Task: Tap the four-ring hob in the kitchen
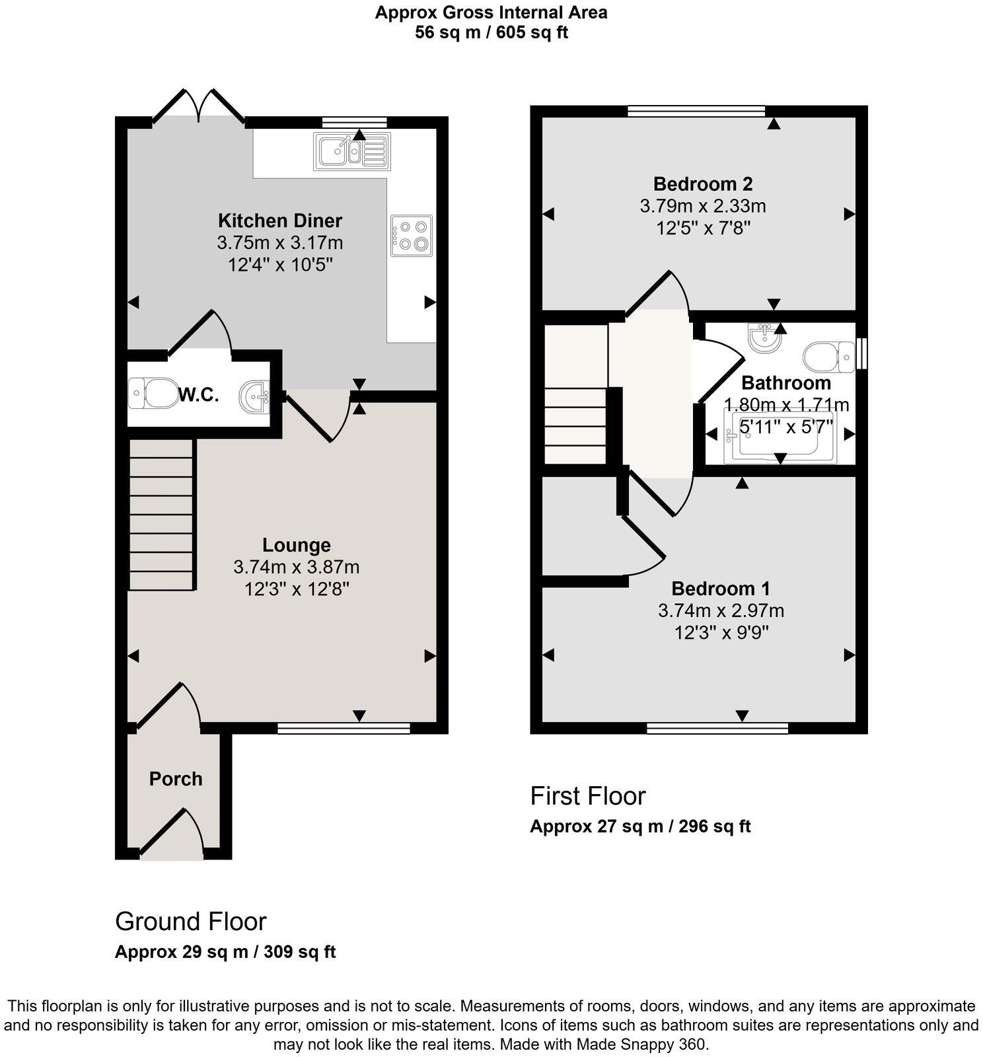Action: tap(411, 235)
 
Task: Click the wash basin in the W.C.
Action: tap(256, 396)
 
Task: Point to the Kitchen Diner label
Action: tap(280, 220)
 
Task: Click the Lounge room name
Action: tap(296, 545)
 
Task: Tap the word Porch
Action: tap(176, 779)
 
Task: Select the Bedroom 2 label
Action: tap(703, 184)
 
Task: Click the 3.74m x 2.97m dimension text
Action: tap(721, 610)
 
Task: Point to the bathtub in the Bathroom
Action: tap(780, 437)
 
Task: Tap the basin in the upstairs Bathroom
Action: tap(766, 338)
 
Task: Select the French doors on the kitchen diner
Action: tap(198, 106)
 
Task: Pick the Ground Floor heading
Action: tap(190, 921)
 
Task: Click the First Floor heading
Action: tap(587, 796)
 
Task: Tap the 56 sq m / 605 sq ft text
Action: tap(491, 32)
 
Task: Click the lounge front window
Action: tap(344, 728)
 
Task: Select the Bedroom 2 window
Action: tap(696, 111)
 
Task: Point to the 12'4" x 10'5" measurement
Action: tap(280, 266)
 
